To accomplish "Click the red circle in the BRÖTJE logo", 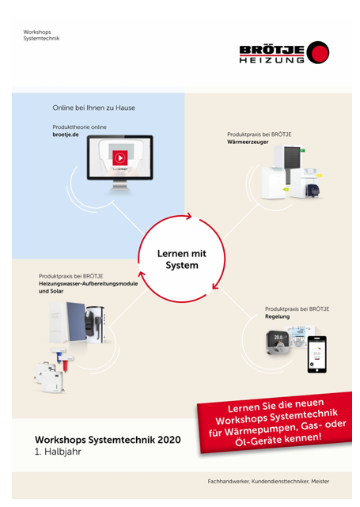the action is pos(319,51).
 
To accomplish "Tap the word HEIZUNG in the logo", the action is pos(271,60).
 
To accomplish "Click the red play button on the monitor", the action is pos(120,157).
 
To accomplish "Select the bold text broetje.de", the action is pos(66,134).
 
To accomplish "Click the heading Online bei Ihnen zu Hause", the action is pos(94,108).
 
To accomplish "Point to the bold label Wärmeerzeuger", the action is pos(248,142).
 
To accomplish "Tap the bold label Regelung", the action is pos(277,316).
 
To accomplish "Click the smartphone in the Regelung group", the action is pos(316,354).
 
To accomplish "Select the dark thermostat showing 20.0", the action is pos(279,343).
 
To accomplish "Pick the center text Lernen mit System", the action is pos(182,259).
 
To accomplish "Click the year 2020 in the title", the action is pos(169,440).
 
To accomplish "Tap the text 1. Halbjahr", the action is pos(58,452).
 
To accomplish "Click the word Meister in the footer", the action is pos(320,481).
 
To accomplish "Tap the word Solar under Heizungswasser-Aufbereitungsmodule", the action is pos(56,291).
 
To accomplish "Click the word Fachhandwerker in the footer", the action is pos(229,481).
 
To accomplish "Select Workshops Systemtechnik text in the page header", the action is pos(41,35).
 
